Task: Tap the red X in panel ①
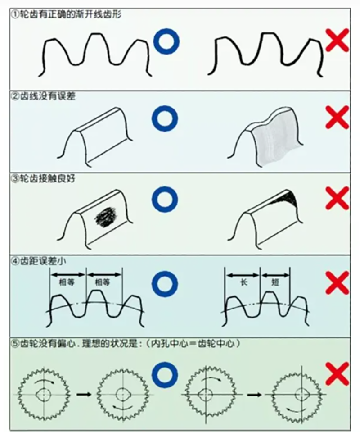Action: pos(337,40)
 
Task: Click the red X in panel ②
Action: pos(337,118)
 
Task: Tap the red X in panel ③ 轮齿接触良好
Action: pos(337,198)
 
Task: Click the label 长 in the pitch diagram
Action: pos(243,282)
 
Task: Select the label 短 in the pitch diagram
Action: pos(275,282)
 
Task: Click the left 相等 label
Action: pos(67,282)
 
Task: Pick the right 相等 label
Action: pos(103,282)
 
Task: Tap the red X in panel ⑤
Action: pos(337,373)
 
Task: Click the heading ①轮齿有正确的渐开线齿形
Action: pos(66,14)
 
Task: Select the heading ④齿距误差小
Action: pos(39,261)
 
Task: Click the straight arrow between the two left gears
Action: pos(84,395)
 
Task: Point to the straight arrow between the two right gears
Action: pos(254,395)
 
